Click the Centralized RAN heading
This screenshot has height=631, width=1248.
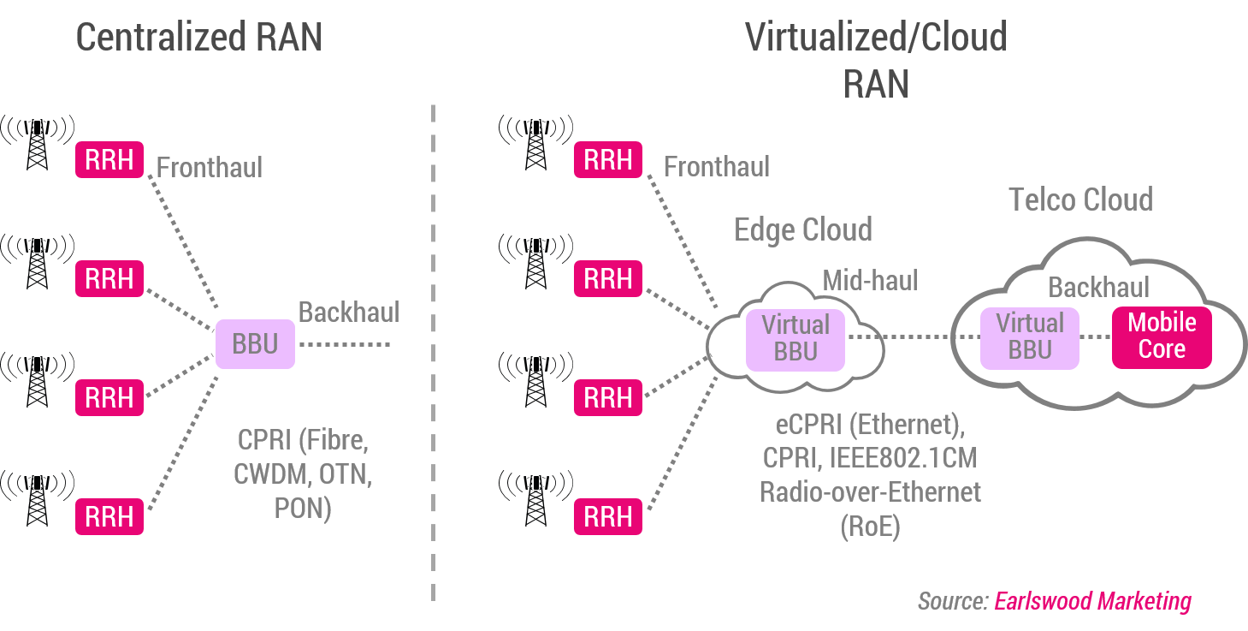pyautogui.click(x=199, y=39)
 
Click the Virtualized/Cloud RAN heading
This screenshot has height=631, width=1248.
pyautogui.click(x=876, y=60)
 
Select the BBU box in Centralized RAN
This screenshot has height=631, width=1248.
pyautogui.click(x=255, y=344)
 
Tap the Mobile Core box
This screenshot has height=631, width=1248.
pyautogui.click(x=1162, y=336)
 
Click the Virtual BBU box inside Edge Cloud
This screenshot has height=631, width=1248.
pyautogui.click(x=796, y=338)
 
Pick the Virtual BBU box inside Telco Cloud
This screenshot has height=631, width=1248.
pyautogui.click(x=1030, y=336)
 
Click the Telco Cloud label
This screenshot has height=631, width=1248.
pyautogui.click(x=1081, y=199)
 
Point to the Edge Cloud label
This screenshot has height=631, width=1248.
pyautogui.click(x=802, y=229)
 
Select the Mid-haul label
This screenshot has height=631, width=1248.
pyautogui.click(x=870, y=280)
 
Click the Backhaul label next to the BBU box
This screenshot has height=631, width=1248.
pyautogui.click(x=349, y=313)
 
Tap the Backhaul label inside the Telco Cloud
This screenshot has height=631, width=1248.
pyautogui.click(x=1099, y=287)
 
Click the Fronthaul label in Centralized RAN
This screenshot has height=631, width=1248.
pyautogui.click(x=210, y=167)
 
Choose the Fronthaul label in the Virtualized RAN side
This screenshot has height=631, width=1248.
pyautogui.click(x=717, y=166)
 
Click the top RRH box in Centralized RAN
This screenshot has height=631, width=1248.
pyautogui.click(x=109, y=160)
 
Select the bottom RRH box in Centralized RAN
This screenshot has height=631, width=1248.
pyautogui.click(x=109, y=517)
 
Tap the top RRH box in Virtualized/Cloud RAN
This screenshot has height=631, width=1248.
pyautogui.click(x=608, y=160)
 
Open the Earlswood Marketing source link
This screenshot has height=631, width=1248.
pyautogui.click(x=1092, y=601)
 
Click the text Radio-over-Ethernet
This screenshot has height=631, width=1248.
pyautogui.click(x=870, y=492)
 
